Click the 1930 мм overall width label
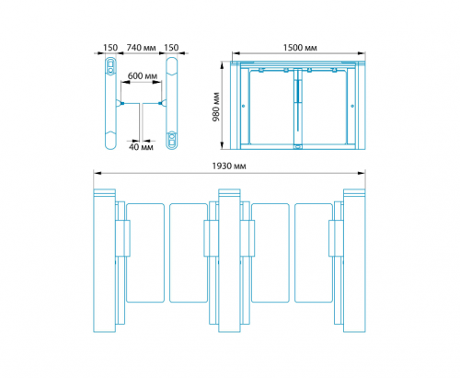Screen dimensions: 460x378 pyautogui.click(x=229, y=166)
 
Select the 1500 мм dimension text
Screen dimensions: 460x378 pyautogui.click(x=300, y=48)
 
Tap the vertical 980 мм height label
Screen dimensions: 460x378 pyautogui.click(x=216, y=107)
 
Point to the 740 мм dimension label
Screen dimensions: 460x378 pyautogui.click(x=141, y=48)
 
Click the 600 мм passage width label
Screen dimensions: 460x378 pyautogui.click(x=143, y=75)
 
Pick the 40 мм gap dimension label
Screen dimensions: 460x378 pyautogui.click(x=141, y=147)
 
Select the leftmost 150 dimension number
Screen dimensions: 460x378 pyautogui.click(x=110, y=48)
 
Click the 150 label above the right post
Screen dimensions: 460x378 pyautogui.click(x=171, y=48)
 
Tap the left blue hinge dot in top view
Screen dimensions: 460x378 pyautogui.click(x=122, y=103)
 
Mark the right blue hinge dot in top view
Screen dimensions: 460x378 pyautogui.click(x=160, y=103)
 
